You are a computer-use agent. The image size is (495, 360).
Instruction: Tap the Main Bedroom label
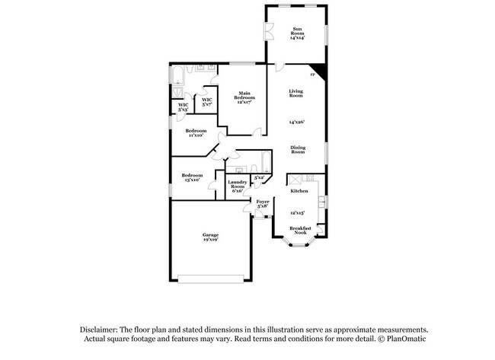[x=244, y=96]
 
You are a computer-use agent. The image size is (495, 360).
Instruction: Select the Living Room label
[x=295, y=94]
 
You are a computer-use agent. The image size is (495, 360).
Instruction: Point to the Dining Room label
[x=297, y=149]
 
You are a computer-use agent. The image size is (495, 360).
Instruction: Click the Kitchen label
[x=299, y=191]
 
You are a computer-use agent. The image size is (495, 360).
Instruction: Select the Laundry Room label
[x=237, y=186]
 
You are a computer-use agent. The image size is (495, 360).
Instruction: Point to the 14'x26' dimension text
[x=296, y=122]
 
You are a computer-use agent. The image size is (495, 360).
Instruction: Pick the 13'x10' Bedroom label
[x=190, y=177]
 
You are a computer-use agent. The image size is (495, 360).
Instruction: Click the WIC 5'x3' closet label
[x=183, y=107]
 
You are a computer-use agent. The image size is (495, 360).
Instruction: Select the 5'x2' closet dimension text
[x=259, y=177]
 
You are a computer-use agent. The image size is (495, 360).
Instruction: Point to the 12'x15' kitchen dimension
[x=299, y=214]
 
